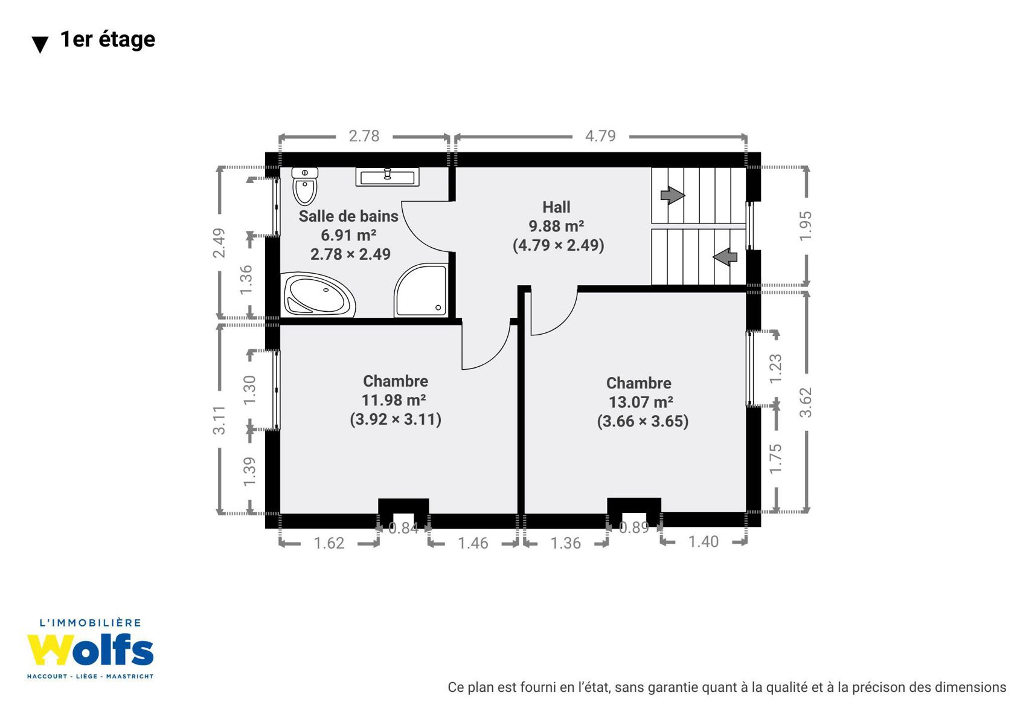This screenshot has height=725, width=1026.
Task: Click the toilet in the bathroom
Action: pos(305,186)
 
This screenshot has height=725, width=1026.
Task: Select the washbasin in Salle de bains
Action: pos(387,177)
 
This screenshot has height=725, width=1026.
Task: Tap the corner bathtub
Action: pos(318,295)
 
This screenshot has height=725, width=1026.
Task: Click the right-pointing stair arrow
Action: pos(672,195)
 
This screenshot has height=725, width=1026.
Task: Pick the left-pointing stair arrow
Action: pos(725,257)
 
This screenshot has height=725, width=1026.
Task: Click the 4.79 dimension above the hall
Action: pos(600,136)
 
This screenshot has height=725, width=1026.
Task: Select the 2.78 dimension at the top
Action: pos(364,136)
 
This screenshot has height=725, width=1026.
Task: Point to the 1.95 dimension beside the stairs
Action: pos(805,226)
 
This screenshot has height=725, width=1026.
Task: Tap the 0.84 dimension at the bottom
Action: pos(403,529)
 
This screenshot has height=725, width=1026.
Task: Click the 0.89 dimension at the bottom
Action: pos(634,527)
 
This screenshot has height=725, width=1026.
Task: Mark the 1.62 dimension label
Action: pos(329,543)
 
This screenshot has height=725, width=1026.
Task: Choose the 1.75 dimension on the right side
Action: pos(775,459)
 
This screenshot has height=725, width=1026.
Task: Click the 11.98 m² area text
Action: pos(394,400)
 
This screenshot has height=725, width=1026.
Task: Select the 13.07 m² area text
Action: pos(641,402)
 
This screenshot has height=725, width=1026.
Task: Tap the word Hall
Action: pos(557,207)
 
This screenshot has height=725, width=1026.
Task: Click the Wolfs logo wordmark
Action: pos(90,650)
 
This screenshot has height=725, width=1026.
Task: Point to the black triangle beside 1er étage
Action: pos(40,45)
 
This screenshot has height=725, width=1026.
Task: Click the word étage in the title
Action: pos(127,40)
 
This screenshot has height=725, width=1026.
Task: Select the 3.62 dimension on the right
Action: pos(805,402)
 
